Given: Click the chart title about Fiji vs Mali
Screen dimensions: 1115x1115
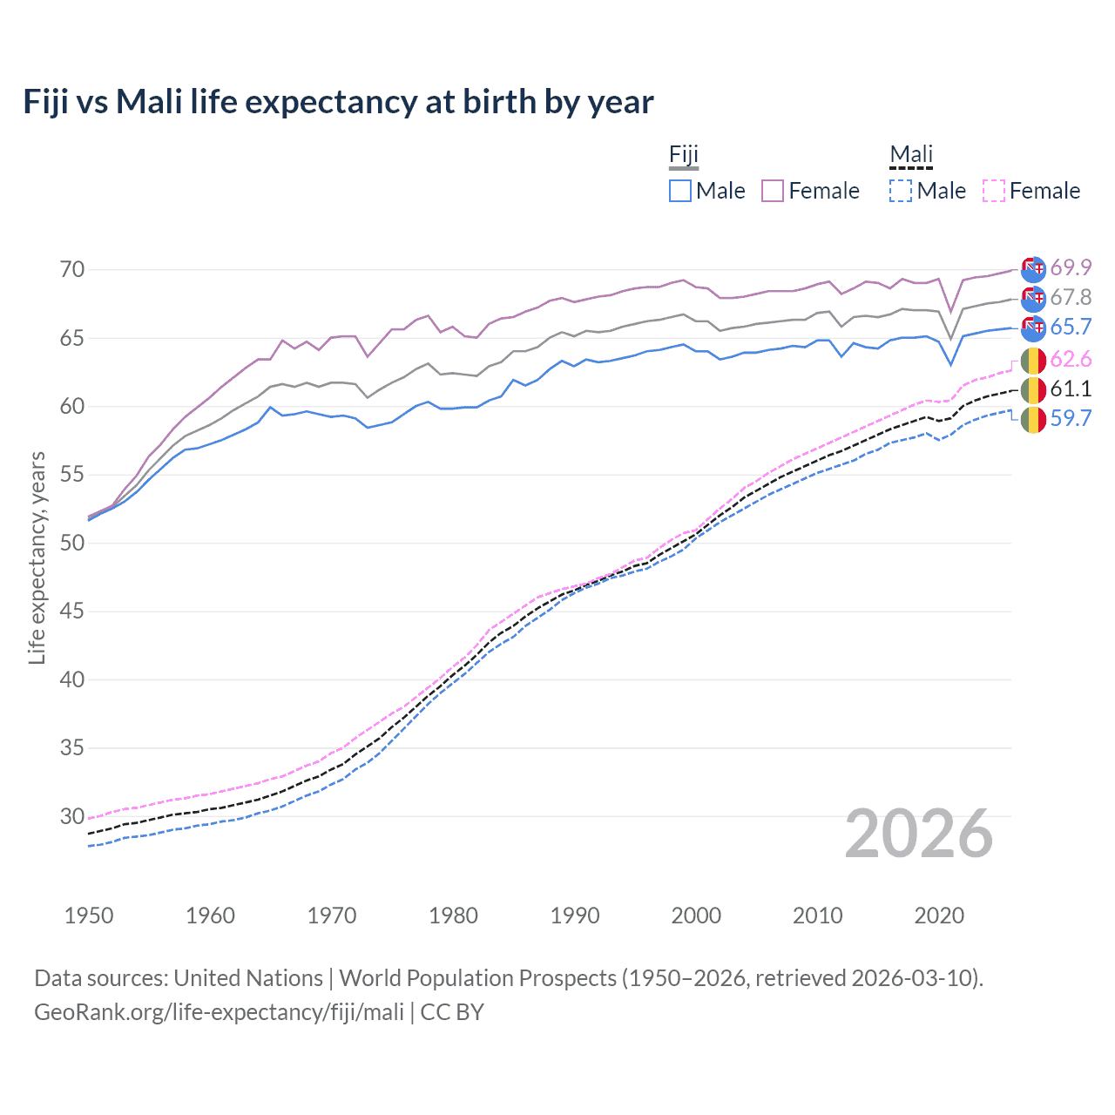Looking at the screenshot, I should (338, 102).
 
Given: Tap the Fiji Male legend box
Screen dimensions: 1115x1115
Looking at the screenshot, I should (680, 191).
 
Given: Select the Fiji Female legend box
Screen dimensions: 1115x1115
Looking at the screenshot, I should (773, 191).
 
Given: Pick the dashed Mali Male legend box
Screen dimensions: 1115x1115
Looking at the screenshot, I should (901, 191).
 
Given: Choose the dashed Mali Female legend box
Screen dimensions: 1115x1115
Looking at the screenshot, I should (994, 191).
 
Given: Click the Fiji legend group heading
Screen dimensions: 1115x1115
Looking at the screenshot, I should (684, 155).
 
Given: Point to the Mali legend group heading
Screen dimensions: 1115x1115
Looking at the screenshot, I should (911, 155).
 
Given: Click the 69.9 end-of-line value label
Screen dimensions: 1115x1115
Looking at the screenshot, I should (1071, 267).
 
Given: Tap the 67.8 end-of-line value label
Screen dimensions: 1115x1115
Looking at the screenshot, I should (1071, 298).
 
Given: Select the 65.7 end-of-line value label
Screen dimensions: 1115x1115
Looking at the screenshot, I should (1071, 328).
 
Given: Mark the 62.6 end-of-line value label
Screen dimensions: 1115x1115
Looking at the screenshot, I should (1071, 360).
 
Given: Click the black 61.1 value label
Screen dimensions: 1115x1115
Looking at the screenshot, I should (1071, 389).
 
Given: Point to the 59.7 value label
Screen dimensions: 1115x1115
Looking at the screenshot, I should (1071, 419).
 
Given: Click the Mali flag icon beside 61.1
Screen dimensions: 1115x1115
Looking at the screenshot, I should (1033, 389).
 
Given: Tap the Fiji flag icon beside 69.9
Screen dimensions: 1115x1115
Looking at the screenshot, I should (1033, 269).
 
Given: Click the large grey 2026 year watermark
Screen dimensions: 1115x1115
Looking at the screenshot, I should (919, 834).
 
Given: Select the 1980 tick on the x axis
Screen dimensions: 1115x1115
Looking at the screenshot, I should (453, 916).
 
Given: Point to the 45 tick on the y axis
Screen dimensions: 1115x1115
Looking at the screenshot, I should (72, 612).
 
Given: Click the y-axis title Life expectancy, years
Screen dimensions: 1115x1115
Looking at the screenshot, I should (37, 557).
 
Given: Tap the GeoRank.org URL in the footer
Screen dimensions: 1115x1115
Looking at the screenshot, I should (219, 1012).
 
